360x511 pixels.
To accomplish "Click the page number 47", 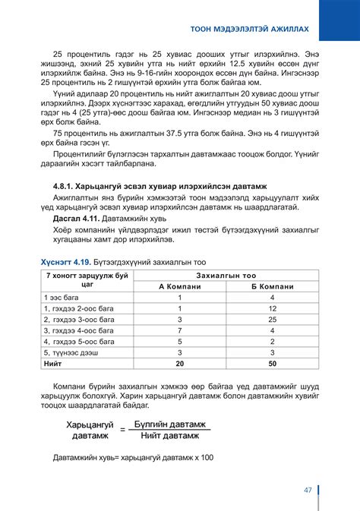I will click(308, 490).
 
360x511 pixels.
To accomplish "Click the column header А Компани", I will click(179, 286).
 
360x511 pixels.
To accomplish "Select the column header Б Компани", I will click(272, 286).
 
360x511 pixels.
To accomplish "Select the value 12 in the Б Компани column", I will click(272, 309).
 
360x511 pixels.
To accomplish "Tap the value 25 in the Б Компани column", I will click(272, 320).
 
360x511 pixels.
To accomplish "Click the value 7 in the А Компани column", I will click(179, 331).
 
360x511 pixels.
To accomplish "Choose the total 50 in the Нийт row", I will click(272, 364).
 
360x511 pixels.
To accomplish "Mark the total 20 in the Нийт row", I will click(179, 364).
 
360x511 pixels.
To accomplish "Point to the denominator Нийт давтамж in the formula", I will click(168, 436).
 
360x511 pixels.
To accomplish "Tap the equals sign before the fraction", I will click(123, 430).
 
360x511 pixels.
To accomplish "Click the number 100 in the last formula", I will click(206, 459).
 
